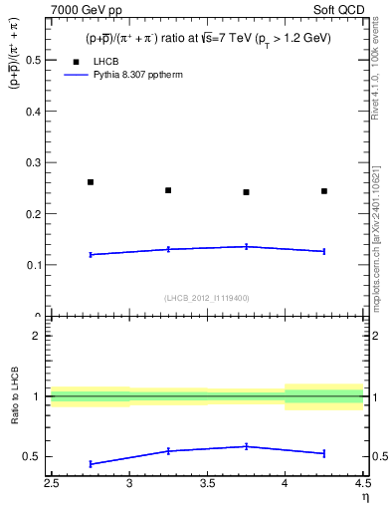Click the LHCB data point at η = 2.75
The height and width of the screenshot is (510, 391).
(x=91, y=182)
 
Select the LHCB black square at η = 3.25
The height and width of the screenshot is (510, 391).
(x=168, y=190)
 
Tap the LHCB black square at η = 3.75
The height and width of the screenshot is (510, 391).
(x=246, y=192)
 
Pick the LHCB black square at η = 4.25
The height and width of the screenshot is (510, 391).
(x=324, y=191)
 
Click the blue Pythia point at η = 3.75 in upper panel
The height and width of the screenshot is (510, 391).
(x=246, y=246)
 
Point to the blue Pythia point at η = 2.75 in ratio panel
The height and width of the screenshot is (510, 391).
(x=91, y=464)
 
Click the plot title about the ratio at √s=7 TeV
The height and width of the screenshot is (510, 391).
(x=208, y=38)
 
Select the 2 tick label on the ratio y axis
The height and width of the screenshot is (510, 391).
(x=40, y=336)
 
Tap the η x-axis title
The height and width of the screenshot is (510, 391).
(x=364, y=499)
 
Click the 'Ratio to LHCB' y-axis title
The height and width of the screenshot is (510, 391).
(x=14, y=398)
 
